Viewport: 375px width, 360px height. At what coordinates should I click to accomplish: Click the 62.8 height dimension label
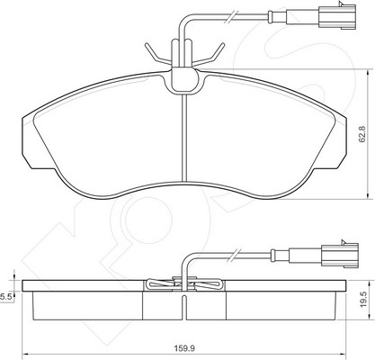pyautogui.click(x=362, y=134)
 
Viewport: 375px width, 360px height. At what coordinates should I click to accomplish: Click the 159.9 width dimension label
pyautogui.click(x=184, y=348)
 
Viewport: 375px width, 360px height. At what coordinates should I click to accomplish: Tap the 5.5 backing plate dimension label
pyautogui.click(x=5, y=297)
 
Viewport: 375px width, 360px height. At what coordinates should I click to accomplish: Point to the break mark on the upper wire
pyautogui.click(x=232, y=17)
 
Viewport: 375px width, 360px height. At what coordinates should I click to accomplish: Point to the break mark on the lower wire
pyautogui.click(x=235, y=256)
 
